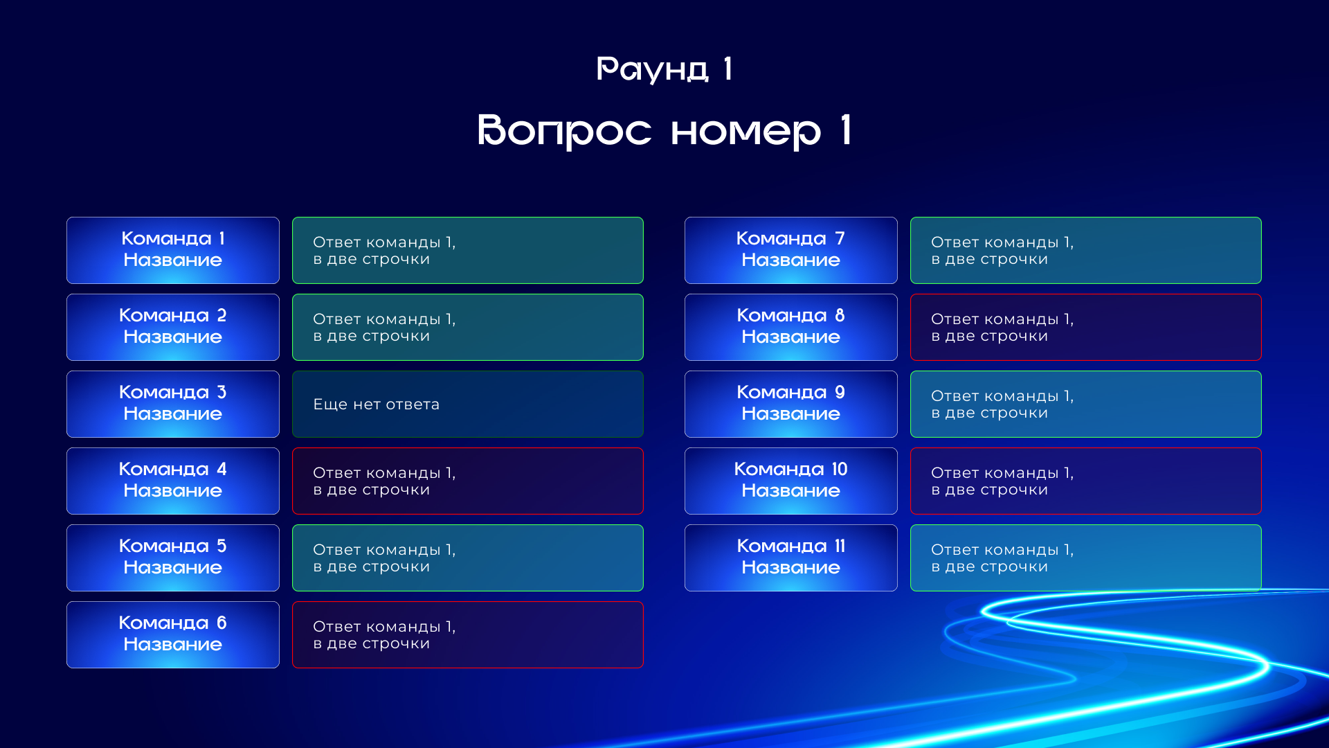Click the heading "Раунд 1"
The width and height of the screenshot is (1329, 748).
pyautogui.click(x=664, y=69)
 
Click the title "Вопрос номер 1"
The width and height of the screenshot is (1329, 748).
pyautogui.click(x=664, y=130)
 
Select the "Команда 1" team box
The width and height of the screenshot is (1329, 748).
pyautogui.click(x=173, y=250)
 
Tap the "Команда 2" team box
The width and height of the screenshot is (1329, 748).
pyautogui.click(x=173, y=327)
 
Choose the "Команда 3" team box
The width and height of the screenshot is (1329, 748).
pyautogui.click(x=173, y=404)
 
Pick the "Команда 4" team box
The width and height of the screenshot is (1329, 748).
pyautogui.click(x=173, y=481)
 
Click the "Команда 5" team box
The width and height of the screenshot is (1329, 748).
pyautogui.click(x=173, y=558)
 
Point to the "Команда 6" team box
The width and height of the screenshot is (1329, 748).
pyautogui.click(x=173, y=634)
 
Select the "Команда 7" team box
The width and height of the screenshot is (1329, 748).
pyautogui.click(x=791, y=250)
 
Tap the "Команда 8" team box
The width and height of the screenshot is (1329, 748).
pyautogui.click(x=791, y=327)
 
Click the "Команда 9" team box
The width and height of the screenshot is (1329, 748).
pyautogui.click(x=791, y=404)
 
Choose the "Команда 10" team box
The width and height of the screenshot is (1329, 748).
pyautogui.click(x=791, y=481)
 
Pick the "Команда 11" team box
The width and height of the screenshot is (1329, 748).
pyautogui.click(x=791, y=558)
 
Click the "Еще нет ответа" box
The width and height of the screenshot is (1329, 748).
pyautogui.click(x=468, y=404)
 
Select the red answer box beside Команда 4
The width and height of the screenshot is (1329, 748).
pyautogui.click(x=468, y=481)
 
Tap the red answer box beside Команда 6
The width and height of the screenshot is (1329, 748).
pyautogui.click(x=468, y=634)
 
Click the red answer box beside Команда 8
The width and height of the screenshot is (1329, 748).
pyautogui.click(x=1086, y=327)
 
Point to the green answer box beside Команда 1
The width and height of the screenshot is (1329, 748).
pyautogui.click(x=468, y=250)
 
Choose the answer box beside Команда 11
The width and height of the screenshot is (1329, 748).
pyautogui.click(x=1086, y=558)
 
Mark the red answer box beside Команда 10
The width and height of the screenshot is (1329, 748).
pyautogui.click(x=1086, y=481)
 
